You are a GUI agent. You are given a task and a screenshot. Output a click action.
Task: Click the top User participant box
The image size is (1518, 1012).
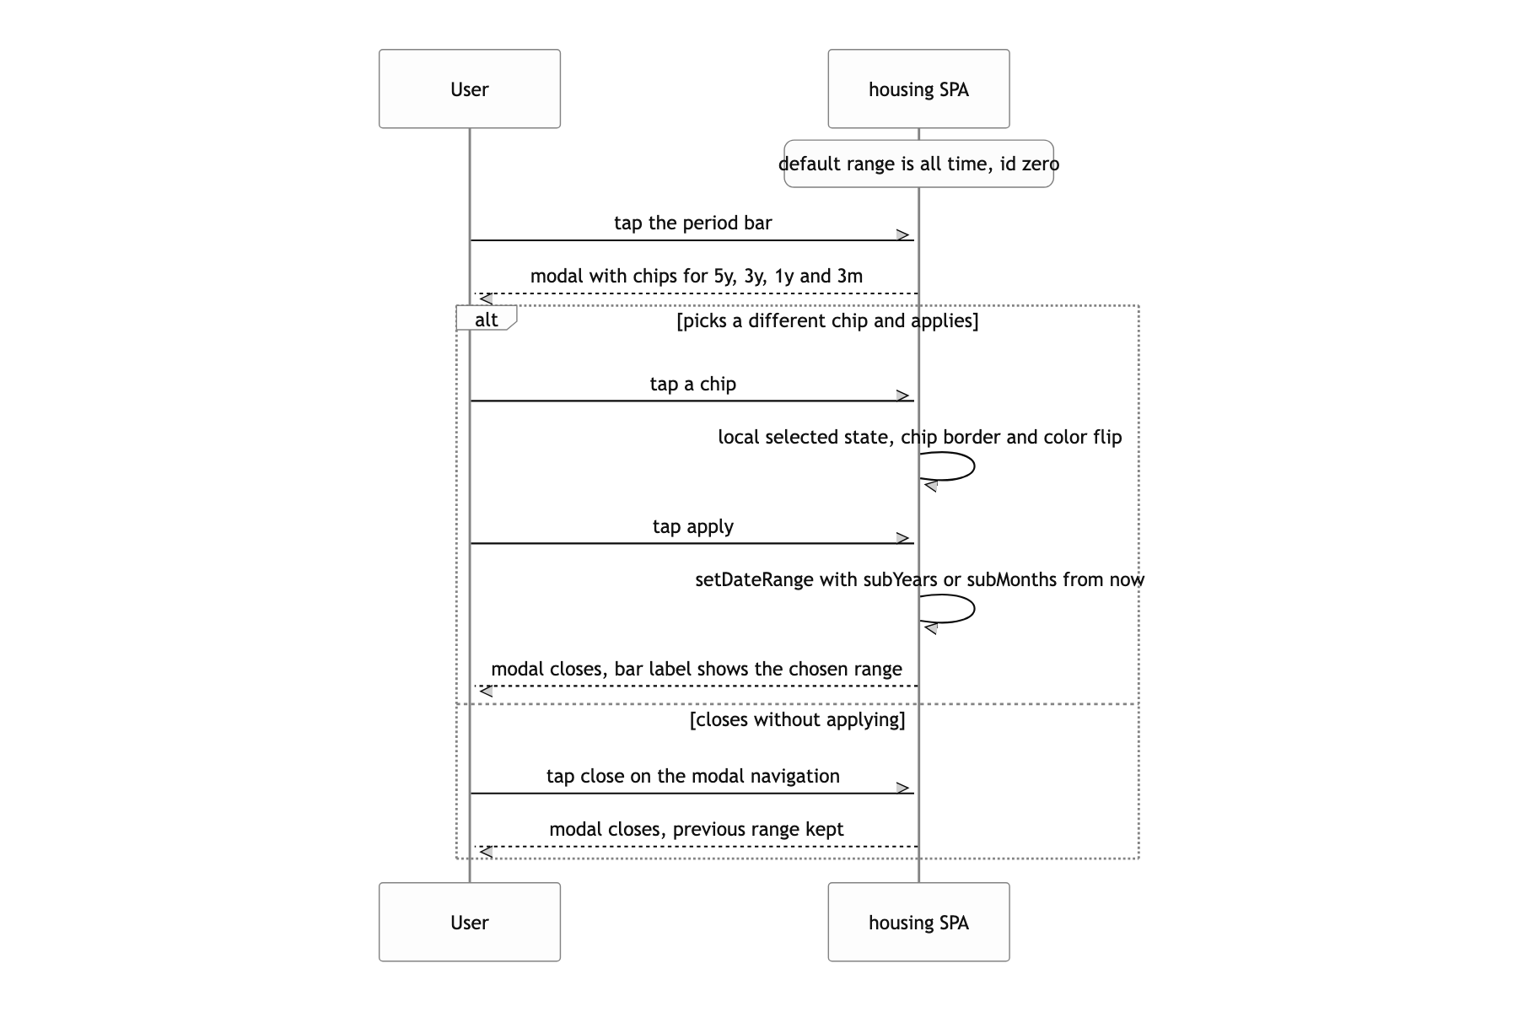[x=470, y=89]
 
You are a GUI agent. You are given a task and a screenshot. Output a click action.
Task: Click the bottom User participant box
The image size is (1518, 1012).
[x=470, y=922]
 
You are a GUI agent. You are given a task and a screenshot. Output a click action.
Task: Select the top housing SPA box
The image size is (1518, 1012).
[x=918, y=89]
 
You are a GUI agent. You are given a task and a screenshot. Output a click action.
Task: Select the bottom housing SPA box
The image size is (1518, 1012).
[x=918, y=922]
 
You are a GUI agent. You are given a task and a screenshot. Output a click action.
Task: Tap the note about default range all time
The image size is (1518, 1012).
[x=918, y=164]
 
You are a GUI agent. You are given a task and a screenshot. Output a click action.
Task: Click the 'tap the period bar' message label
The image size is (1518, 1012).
[x=693, y=223]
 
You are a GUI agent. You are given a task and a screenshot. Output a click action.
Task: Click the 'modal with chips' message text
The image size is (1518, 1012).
[x=697, y=276]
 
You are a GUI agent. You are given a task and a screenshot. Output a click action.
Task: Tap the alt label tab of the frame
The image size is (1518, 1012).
[x=486, y=319]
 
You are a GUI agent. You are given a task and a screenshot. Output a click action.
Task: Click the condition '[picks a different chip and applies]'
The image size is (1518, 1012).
[x=827, y=320]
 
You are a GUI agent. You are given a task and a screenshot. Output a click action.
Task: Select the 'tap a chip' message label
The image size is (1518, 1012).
[x=693, y=384]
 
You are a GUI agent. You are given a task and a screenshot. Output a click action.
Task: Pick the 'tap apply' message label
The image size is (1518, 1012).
[x=693, y=526]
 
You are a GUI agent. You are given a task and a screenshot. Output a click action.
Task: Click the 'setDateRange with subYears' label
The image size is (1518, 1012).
[x=920, y=579]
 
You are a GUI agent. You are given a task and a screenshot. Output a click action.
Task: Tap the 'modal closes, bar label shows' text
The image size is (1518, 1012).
[x=697, y=669]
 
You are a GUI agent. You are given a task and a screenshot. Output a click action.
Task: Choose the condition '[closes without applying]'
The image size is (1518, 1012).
[x=798, y=719]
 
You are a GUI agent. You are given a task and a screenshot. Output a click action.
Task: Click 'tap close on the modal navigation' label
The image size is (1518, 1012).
[x=693, y=776]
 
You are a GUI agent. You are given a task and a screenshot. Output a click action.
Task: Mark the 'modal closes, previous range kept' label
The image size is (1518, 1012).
[x=697, y=829]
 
